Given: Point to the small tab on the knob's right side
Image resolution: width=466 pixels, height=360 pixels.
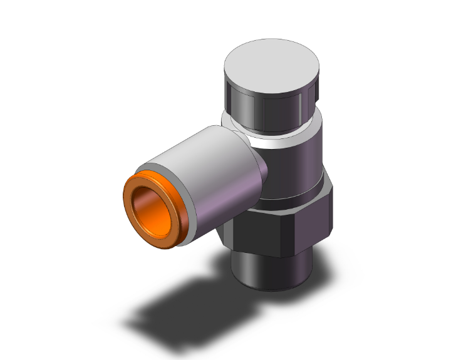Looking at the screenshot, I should [x=318, y=94].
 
